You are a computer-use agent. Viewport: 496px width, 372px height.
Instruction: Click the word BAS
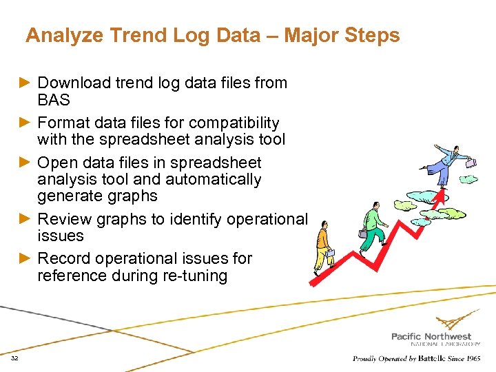54,100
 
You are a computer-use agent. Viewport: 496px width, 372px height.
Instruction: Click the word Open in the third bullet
57,163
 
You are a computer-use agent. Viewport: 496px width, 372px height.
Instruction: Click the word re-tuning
189,276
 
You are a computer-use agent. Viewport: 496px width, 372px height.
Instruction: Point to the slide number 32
14,359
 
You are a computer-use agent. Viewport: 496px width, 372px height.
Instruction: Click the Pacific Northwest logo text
431,336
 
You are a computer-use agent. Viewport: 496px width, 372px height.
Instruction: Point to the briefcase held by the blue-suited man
471,164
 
